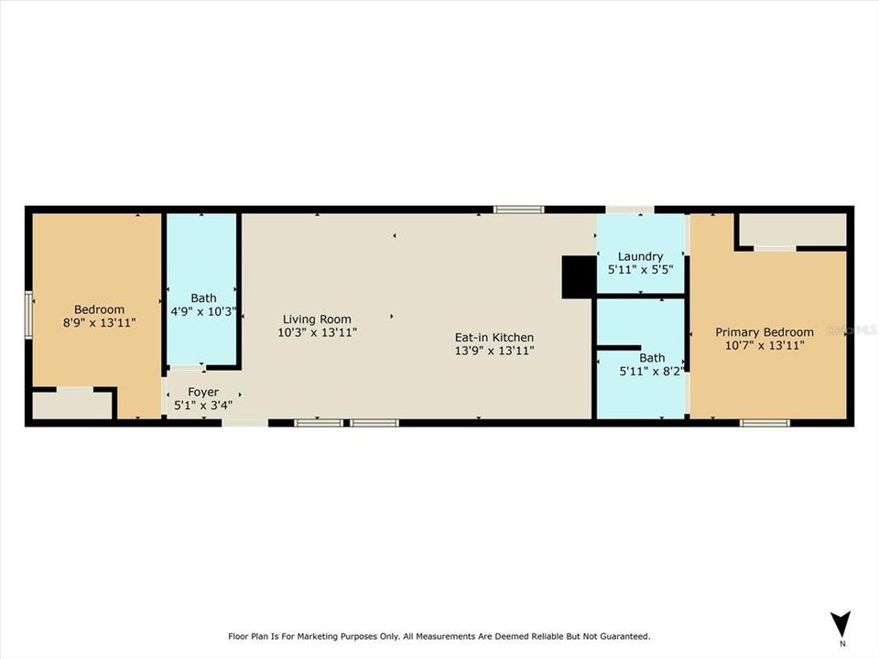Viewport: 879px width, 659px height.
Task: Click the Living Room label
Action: [x=317, y=319]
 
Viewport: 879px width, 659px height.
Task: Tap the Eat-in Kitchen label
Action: [x=494, y=337]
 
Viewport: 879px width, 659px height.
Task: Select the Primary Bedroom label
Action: [x=764, y=332]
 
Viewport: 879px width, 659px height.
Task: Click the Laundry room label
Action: [x=640, y=256]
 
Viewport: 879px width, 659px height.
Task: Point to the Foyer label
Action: [x=202, y=392]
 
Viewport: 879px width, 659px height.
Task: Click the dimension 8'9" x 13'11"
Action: [x=99, y=323]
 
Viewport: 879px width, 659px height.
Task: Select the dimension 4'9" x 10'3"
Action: [x=203, y=311]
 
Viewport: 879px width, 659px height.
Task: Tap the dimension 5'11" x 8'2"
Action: [x=652, y=372]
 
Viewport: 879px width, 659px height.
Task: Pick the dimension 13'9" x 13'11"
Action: [x=494, y=351]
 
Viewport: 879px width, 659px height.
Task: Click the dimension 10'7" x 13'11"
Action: [x=764, y=346]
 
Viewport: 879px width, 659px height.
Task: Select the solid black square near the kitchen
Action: [x=578, y=277]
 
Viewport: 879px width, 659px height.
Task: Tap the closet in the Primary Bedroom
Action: [x=792, y=230]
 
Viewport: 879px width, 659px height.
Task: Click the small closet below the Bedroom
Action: [x=72, y=405]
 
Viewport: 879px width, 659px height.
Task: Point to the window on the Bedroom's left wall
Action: [x=28, y=314]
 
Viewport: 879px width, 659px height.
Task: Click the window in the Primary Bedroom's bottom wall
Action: [x=765, y=423]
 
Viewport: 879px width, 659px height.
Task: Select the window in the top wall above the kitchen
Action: [x=518, y=210]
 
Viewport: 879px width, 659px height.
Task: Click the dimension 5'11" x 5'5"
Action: [x=640, y=271]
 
